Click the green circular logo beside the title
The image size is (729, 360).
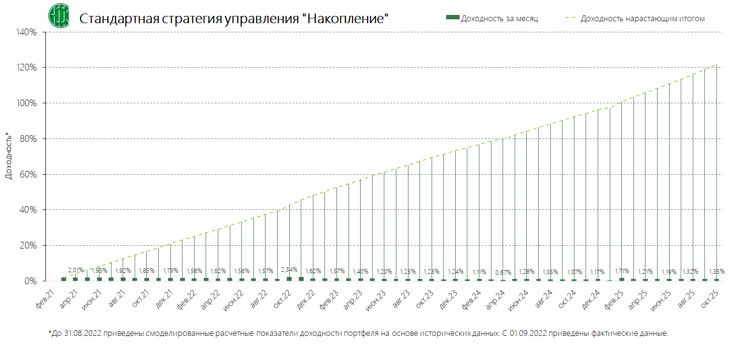[58, 15]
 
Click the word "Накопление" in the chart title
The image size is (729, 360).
[348, 19]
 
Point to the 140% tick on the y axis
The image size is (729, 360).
[27, 32]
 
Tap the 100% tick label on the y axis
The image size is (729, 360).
[27, 103]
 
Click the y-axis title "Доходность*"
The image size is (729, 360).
[8, 155]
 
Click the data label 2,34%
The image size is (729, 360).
[289, 269]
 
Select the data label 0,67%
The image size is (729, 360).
[503, 272]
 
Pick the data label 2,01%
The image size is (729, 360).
[75, 269]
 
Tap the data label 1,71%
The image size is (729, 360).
[622, 270]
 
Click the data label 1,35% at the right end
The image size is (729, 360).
[716, 271]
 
